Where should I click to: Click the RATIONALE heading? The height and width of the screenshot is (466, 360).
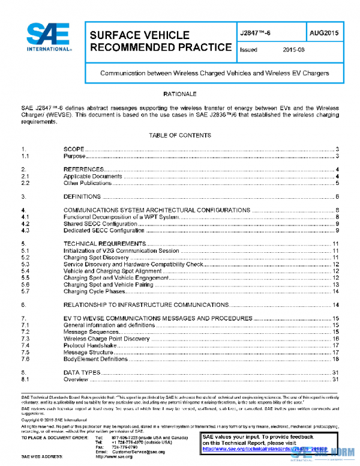pos(180,95)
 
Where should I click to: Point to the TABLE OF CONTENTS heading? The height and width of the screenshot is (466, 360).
pos(180,136)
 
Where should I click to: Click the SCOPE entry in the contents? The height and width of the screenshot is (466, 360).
pos(74,148)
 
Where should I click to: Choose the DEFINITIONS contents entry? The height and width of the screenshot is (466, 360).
pos(82,196)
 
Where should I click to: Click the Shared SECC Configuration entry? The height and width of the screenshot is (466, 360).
pos(100,223)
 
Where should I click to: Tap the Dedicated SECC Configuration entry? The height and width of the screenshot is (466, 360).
pos(104,230)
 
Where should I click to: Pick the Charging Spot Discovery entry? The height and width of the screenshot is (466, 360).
pos(96,258)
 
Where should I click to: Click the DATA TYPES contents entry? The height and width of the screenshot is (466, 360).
pos(81,373)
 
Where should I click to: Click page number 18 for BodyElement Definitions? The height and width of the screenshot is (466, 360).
pos(337,359)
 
